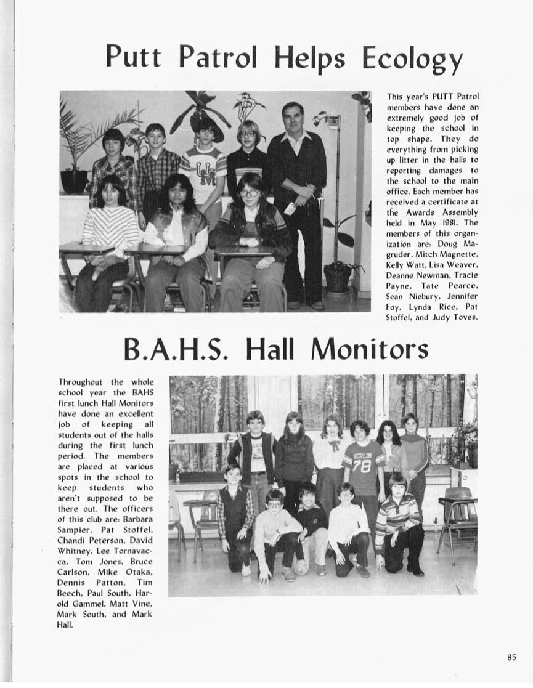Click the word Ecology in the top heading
412,59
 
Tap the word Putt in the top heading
133,57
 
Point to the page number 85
511,657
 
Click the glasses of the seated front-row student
250,193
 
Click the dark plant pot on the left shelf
75,181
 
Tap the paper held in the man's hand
290,208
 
